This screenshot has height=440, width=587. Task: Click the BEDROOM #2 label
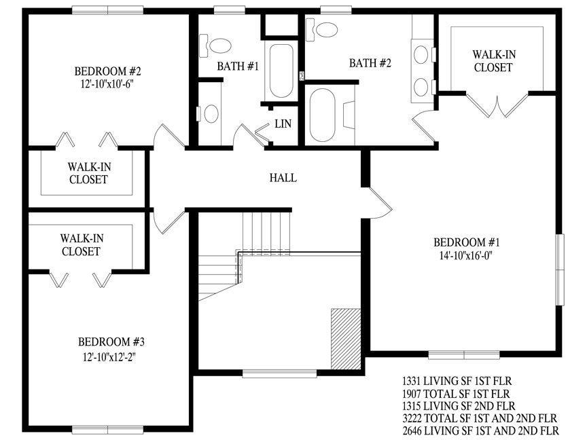click(107, 71)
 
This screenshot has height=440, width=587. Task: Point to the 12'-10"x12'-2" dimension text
click(109, 357)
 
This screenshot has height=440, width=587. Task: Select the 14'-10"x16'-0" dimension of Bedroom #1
click(465, 255)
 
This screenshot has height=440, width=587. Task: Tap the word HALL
click(283, 177)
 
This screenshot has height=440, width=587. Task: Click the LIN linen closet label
click(283, 124)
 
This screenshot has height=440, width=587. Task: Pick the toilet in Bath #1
click(215, 45)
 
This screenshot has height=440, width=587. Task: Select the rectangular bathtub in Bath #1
click(281, 71)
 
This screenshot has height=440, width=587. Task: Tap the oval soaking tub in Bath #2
click(323, 115)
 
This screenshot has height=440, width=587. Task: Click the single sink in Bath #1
click(211, 114)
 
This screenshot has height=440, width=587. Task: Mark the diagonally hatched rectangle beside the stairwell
click(346, 339)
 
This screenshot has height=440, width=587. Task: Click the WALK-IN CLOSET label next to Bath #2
click(493, 61)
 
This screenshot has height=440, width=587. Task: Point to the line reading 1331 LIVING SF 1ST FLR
click(457, 381)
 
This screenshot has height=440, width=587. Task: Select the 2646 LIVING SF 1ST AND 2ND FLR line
click(481, 430)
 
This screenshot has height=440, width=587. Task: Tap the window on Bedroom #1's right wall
click(560, 270)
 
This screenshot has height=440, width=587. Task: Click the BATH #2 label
click(370, 63)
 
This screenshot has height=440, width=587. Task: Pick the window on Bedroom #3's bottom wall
click(107, 430)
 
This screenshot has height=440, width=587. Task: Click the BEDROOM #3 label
click(111, 342)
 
